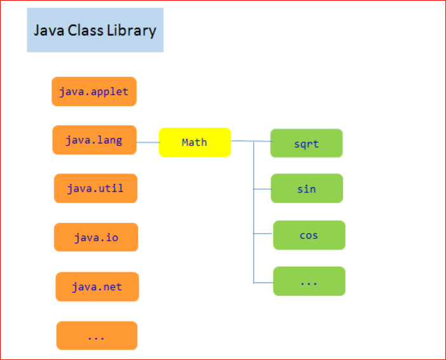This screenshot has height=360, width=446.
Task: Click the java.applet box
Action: pyautogui.click(x=94, y=91)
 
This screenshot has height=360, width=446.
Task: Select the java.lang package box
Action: pyautogui.click(x=94, y=140)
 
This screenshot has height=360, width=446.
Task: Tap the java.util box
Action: pyautogui.click(x=95, y=188)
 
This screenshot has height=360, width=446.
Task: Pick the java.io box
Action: pyautogui.click(x=96, y=237)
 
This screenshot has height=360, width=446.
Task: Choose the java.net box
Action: pyautogui.click(x=97, y=287)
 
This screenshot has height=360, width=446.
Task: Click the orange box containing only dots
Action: pyautogui.click(x=97, y=335)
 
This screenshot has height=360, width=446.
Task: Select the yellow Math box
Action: pyautogui.click(x=194, y=142)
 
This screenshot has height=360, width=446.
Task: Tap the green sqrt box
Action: pyautogui.click(x=306, y=143)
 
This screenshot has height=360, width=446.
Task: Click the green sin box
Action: pyautogui.click(x=307, y=189)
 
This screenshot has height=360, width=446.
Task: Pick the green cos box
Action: pyautogui.click(x=309, y=235)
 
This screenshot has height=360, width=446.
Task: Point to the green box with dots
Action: pyautogui.click(x=309, y=281)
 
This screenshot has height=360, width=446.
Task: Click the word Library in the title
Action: pyautogui.click(x=131, y=30)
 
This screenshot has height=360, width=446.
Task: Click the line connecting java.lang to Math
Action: pyautogui.click(x=147, y=142)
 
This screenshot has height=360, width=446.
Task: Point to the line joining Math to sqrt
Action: pyautogui.click(x=250, y=141)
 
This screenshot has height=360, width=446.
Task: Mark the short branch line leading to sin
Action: pyautogui.click(x=262, y=189)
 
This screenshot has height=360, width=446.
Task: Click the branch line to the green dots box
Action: pyautogui.click(x=264, y=282)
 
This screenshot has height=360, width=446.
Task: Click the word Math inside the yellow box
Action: pyautogui.click(x=194, y=142)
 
